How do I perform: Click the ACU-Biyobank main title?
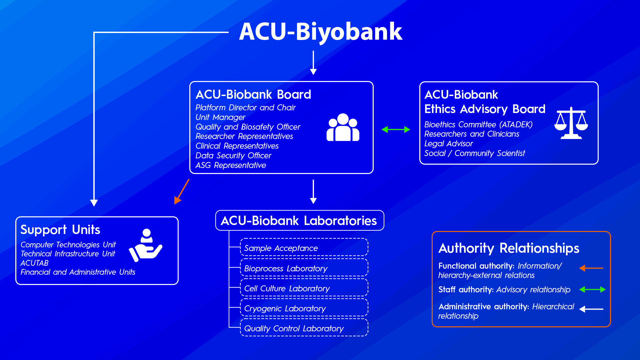click(x=321, y=31)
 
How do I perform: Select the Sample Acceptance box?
click(x=304, y=248)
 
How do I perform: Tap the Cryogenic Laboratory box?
click(x=304, y=308)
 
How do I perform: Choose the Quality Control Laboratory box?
click(x=304, y=328)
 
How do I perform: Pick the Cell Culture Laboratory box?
click(x=304, y=288)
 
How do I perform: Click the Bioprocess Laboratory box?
click(x=304, y=268)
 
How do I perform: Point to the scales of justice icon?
click(x=571, y=123)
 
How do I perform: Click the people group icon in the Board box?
click(x=343, y=128)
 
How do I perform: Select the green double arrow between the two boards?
click(x=396, y=129)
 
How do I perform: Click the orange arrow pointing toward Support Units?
click(x=182, y=192)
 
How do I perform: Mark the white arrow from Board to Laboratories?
click(x=313, y=192)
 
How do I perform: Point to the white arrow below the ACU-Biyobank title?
click(x=313, y=63)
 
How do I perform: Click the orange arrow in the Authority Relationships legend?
click(x=591, y=268)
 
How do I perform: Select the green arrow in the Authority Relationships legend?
click(x=592, y=289)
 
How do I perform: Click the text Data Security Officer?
click(x=233, y=156)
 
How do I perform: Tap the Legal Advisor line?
click(x=448, y=144)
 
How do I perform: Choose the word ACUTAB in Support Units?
click(x=34, y=263)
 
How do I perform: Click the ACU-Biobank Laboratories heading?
click(x=299, y=221)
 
